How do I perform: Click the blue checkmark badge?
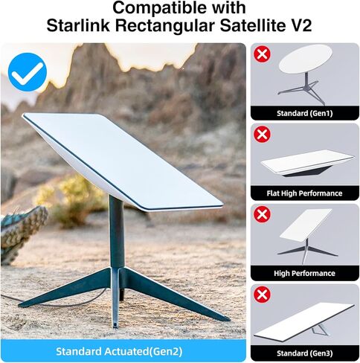[28, 71]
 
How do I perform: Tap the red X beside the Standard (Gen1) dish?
[262, 54]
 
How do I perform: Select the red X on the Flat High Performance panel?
[262, 135]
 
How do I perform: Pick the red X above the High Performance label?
[262, 214]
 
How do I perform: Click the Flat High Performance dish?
[306, 161]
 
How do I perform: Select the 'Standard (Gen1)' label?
[305, 113]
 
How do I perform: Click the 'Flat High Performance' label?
[305, 193]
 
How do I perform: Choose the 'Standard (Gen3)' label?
[305, 352]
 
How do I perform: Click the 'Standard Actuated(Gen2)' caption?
[123, 350]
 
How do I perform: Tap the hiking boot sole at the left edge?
[22, 227]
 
